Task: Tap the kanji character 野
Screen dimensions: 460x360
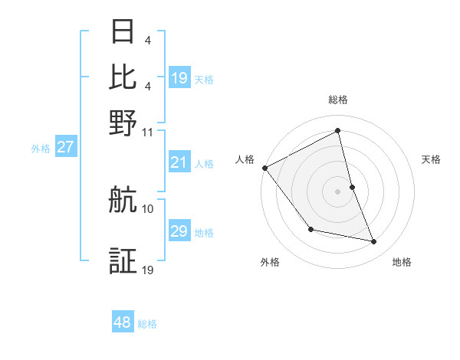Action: pos(123,122)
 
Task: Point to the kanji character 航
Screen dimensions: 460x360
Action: pos(123,201)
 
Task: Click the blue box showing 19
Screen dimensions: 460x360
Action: pos(179,78)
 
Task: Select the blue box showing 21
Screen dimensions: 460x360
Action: pos(179,162)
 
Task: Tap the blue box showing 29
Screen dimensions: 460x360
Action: pos(179,231)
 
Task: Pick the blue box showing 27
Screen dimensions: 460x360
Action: pos(65,147)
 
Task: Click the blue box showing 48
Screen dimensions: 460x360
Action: pos(123,322)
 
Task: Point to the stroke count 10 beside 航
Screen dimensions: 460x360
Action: pos(148,208)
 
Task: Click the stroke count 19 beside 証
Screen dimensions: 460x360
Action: pos(148,269)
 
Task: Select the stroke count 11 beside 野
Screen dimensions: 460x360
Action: pos(148,131)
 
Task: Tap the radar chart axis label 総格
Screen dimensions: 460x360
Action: pos(338,100)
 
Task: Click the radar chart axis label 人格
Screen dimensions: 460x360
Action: pos(245,159)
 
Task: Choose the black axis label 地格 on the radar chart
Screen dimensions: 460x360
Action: pos(402,263)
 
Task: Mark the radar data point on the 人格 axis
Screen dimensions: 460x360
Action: pos(264,168)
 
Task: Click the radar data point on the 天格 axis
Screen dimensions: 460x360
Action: pos(352,187)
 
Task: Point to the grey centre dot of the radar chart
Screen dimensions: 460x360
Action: pos(338,191)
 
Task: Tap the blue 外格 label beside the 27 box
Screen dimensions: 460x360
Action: pos(41,149)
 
